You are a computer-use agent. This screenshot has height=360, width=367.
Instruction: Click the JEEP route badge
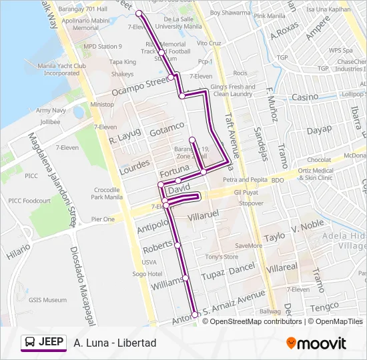pyautogui.click(x=43, y=343)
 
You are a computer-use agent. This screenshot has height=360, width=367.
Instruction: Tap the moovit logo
pyautogui.click(x=316, y=343)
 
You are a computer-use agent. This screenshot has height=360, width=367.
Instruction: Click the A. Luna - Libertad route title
pyautogui.click(x=115, y=343)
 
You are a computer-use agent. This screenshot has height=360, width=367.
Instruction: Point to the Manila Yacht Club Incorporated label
pyautogui.click(x=61, y=69)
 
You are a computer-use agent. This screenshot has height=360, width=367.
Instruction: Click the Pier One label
pyautogui.click(x=103, y=219)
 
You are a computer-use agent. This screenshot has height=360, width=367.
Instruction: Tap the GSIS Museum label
pyautogui.click(x=47, y=300)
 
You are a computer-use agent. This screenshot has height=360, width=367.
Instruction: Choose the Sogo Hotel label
pyautogui.click(x=146, y=274)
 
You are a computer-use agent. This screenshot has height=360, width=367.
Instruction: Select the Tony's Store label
pyautogui.click(x=222, y=257)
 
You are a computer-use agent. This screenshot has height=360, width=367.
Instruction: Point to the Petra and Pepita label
pyautogui.click(x=246, y=180)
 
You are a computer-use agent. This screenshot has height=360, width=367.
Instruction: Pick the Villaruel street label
pyautogui.click(x=203, y=217)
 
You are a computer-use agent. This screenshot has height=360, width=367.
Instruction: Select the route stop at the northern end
pyautogui.click(x=139, y=13)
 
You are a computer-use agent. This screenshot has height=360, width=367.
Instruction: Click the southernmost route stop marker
pyautogui.click(x=195, y=315)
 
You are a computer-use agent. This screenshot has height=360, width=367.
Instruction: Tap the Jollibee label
pyautogui.click(x=50, y=122)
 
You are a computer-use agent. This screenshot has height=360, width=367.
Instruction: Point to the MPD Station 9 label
pyautogui.click(x=103, y=47)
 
